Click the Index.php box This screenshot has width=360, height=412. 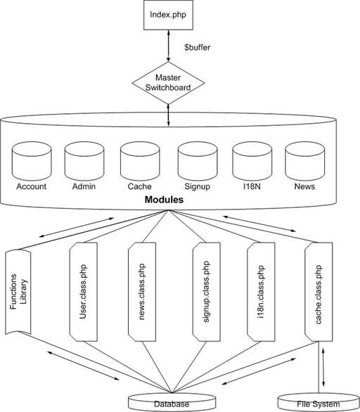(x=168, y=15)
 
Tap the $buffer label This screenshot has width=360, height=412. (x=198, y=48)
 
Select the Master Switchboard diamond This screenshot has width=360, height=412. (x=168, y=83)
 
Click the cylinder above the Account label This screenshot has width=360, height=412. (x=32, y=161)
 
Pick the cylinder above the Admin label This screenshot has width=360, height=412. (x=84, y=161)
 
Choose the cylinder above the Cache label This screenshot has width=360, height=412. (x=140, y=161)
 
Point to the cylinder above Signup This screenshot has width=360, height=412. (x=198, y=161)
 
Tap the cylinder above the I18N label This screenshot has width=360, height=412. (x=252, y=161)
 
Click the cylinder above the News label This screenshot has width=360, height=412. (x=305, y=161)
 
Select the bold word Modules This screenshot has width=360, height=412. (x=164, y=200)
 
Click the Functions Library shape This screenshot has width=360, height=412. (x=18, y=292)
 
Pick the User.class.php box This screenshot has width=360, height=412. (x=83, y=292)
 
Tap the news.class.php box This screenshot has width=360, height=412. (x=142, y=292)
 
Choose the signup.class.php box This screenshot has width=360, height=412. (x=207, y=292)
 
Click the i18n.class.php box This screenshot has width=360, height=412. (x=261, y=292)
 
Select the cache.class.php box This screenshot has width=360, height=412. (x=319, y=292)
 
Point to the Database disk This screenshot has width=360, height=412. (x=172, y=403)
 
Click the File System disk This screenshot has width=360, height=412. (x=319, y=403)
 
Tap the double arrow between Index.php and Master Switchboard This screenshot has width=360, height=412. (x=169, y=46)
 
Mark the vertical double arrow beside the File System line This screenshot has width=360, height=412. (x=323, y=368)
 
